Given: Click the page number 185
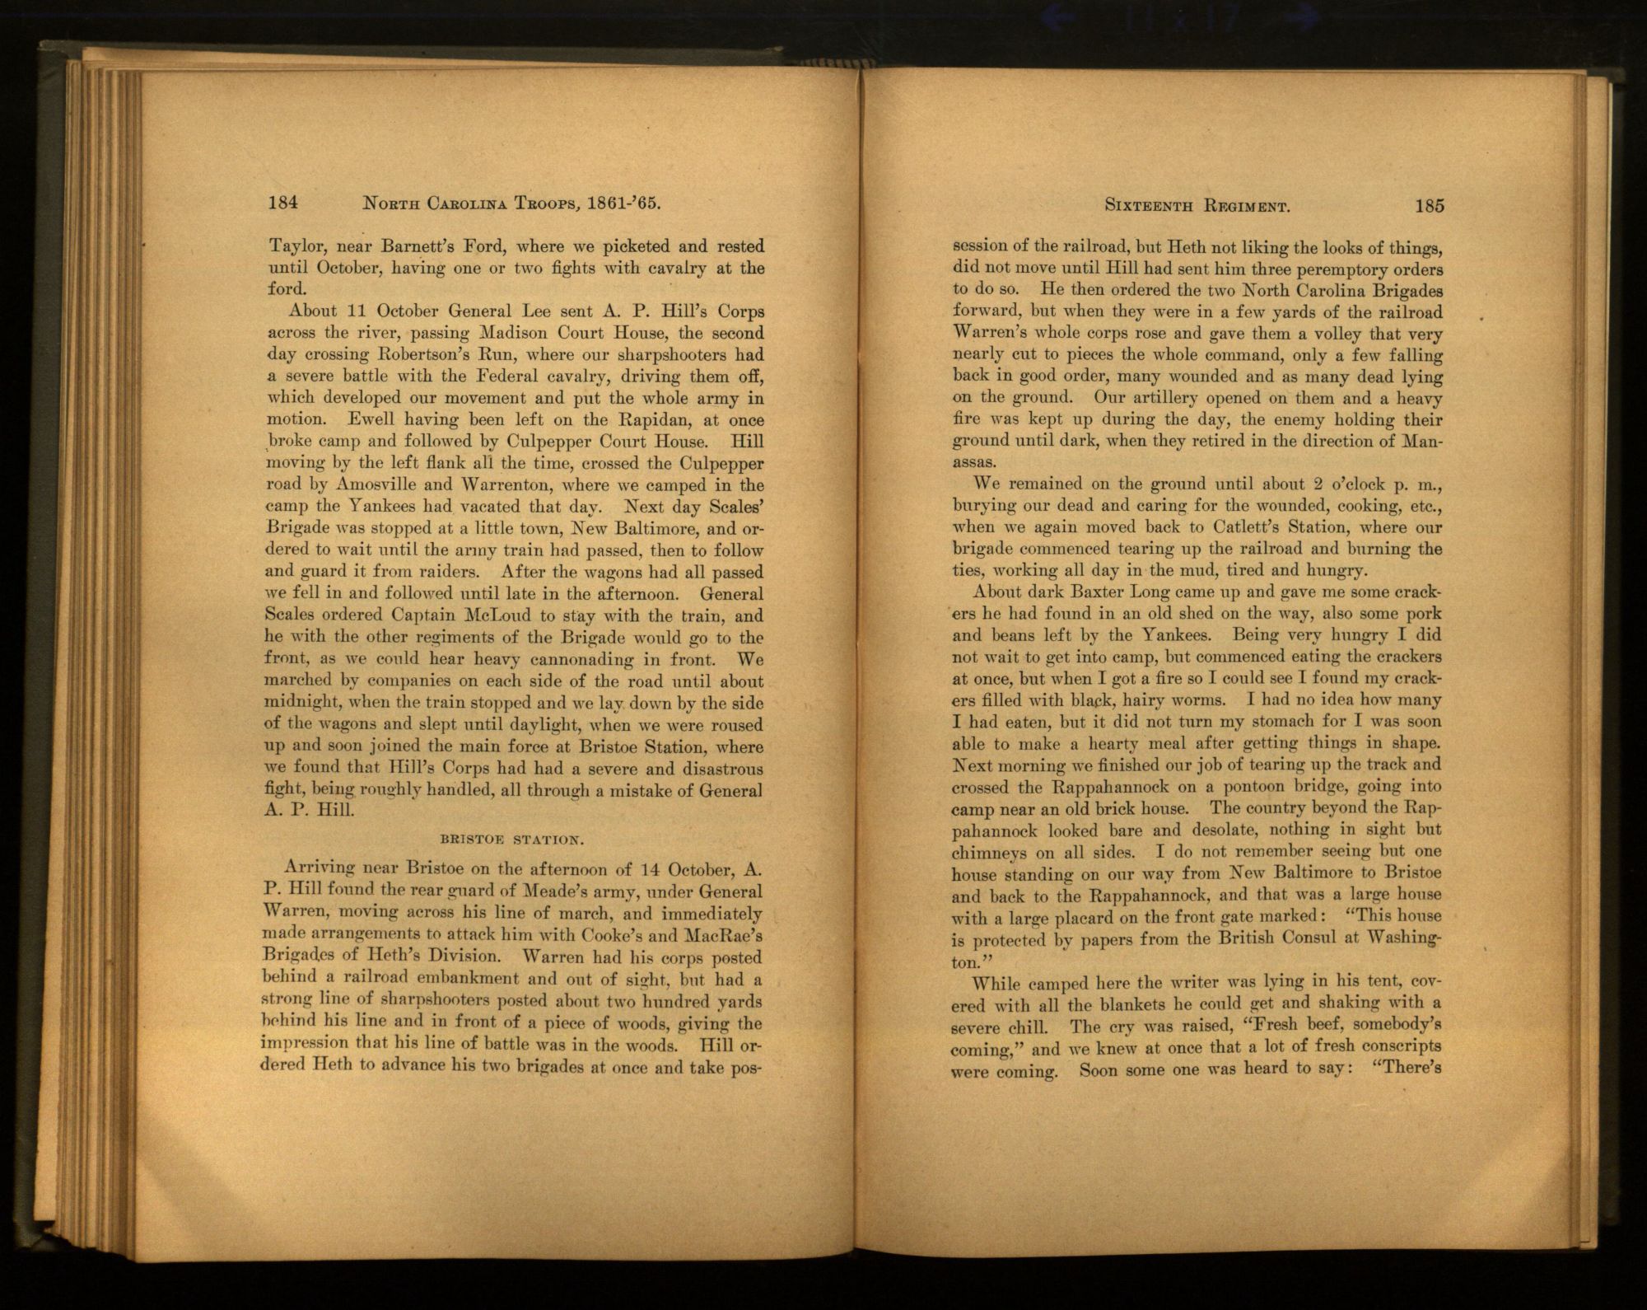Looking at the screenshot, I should point(1430,206).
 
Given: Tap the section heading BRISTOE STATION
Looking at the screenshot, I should point(512,840).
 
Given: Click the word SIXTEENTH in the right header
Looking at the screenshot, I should point(1146,207).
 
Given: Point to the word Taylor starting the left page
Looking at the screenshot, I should point(292,246).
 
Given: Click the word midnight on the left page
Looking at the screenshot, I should point(301,704).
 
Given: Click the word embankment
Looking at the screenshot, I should point(448,980).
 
